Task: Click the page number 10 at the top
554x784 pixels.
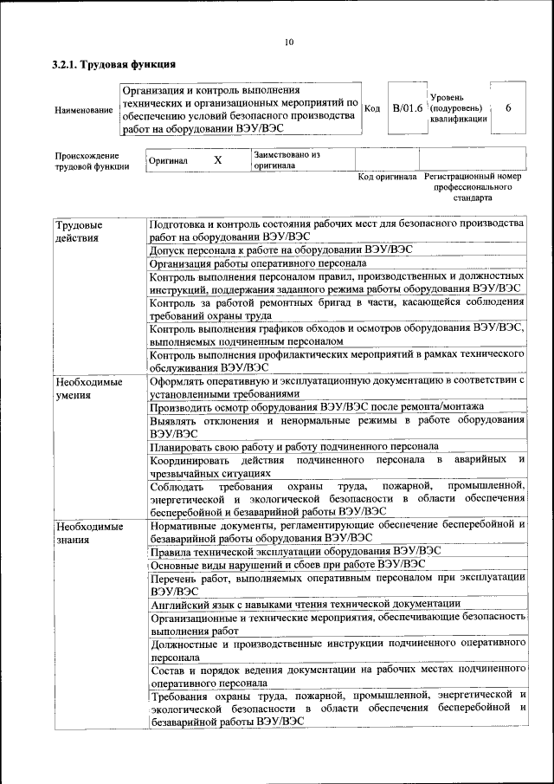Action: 289,42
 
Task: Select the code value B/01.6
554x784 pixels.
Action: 407,108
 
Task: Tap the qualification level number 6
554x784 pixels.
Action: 508,108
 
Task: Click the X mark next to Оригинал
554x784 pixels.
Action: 217,160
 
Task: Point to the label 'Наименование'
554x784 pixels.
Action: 83,110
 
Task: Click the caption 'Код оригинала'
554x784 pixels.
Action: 387,177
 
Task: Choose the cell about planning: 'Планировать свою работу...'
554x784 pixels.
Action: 293,447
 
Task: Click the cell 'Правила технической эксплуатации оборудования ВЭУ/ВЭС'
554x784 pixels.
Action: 295,552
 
